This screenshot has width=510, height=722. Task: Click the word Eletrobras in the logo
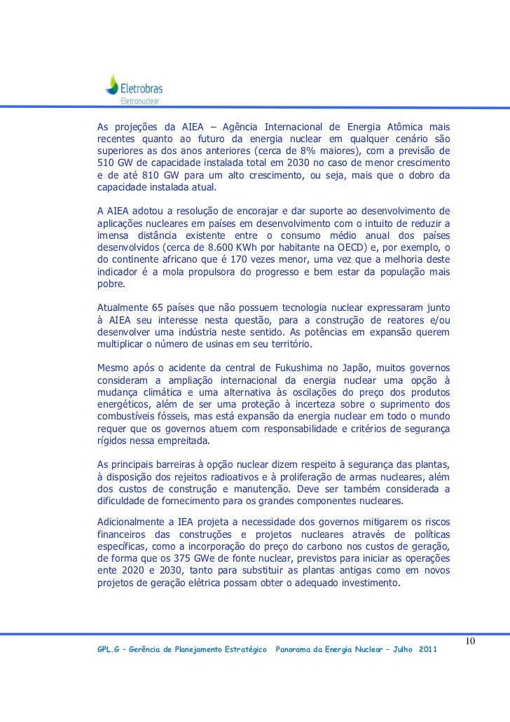click(x=142, y=88)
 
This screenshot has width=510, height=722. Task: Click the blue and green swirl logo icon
click(x=111, y=85)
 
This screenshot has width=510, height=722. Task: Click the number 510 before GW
click(x=106, y=164)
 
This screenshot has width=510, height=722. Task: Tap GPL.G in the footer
click(x=108, y=651)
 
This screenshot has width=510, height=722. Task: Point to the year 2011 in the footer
click(x=427, y=651)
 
